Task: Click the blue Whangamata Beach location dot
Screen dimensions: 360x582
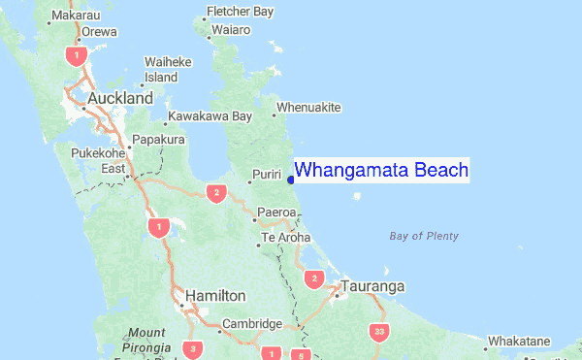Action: coord(291,179)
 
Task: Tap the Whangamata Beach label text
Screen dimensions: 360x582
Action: coord(381,171)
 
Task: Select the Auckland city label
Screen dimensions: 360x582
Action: coord(120,99)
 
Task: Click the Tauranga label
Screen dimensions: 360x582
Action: coord(372,287)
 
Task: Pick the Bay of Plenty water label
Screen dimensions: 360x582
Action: coord(423,236)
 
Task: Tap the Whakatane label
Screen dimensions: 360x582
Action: coord(518,342)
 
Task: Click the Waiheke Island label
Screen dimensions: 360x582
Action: coord(161,69)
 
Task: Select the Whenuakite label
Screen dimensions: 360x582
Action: coord(308,107)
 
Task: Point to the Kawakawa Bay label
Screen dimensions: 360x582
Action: coord(210,116)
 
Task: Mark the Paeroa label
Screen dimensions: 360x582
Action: coord(275,212)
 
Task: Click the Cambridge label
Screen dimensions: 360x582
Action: coord(251,324)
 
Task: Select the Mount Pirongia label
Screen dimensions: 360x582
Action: coord(145,339)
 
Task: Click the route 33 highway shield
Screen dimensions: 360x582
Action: coord(378,332)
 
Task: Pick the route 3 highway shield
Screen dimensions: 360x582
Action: coord(193,348)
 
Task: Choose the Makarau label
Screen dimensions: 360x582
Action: coord(77,15)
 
